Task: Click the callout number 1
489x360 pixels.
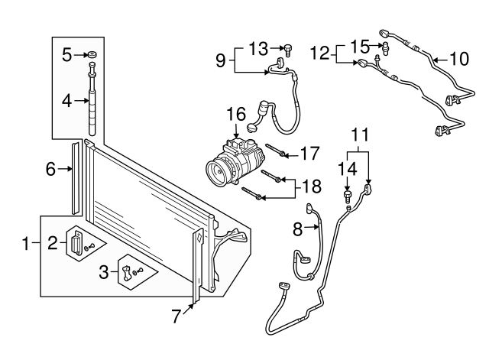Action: (x=26, y=245)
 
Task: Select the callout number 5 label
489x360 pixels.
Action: (x=66, y=55)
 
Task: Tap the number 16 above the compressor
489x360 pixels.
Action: (x=235, y=115)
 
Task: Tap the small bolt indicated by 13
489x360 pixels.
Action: (x=289, y=50)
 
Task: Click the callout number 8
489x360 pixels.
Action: (x=300, y=226)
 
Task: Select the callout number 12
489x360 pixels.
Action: (x=322, y=53)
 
